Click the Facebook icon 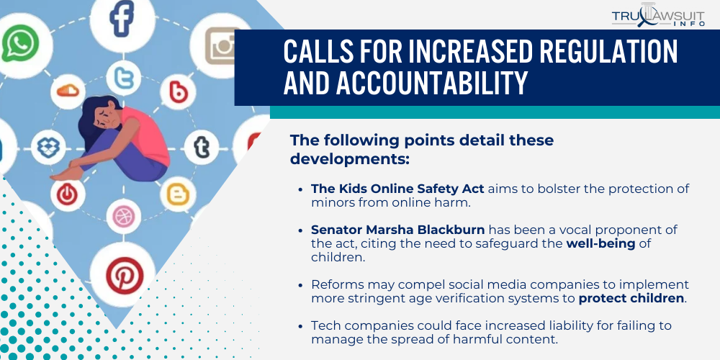[x=122, y=19]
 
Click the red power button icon [x=67, y=194]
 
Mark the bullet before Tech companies [x=300, y=326]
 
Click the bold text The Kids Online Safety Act [x=398, y=189]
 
